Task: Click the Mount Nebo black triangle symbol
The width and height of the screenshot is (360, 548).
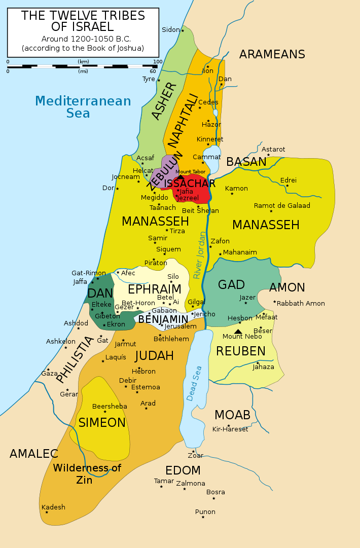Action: click(x=238, y=332)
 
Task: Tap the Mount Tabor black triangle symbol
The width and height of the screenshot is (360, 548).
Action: click(x=180, y=177)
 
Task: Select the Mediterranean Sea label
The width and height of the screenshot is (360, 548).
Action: click(x=83, y=107)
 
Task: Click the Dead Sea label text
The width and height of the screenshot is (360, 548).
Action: click(x=195, y=384)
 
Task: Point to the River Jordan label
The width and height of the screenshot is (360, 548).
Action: click(x=200, y=255)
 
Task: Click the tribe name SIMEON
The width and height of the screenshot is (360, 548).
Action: click(x=102, y=423)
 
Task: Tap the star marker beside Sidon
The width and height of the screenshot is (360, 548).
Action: click(x=183, y=30)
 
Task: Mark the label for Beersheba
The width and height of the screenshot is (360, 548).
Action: click(x=109, y=407)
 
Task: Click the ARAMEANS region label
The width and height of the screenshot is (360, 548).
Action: click(x=272, y=55)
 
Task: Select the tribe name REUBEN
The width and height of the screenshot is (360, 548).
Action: click(x=241, y=351)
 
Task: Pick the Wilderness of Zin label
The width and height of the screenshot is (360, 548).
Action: click(x=87, y=473)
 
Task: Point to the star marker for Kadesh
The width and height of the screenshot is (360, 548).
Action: click(x=47, y=513)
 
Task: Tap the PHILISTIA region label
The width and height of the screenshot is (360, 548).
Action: click(x=75, y=360)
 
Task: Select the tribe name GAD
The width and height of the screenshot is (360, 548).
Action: click(x=231, y=285)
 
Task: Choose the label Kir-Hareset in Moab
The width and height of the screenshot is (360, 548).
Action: click(x=230, y=429)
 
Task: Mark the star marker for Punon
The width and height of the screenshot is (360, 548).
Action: click(x=203, y=517)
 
